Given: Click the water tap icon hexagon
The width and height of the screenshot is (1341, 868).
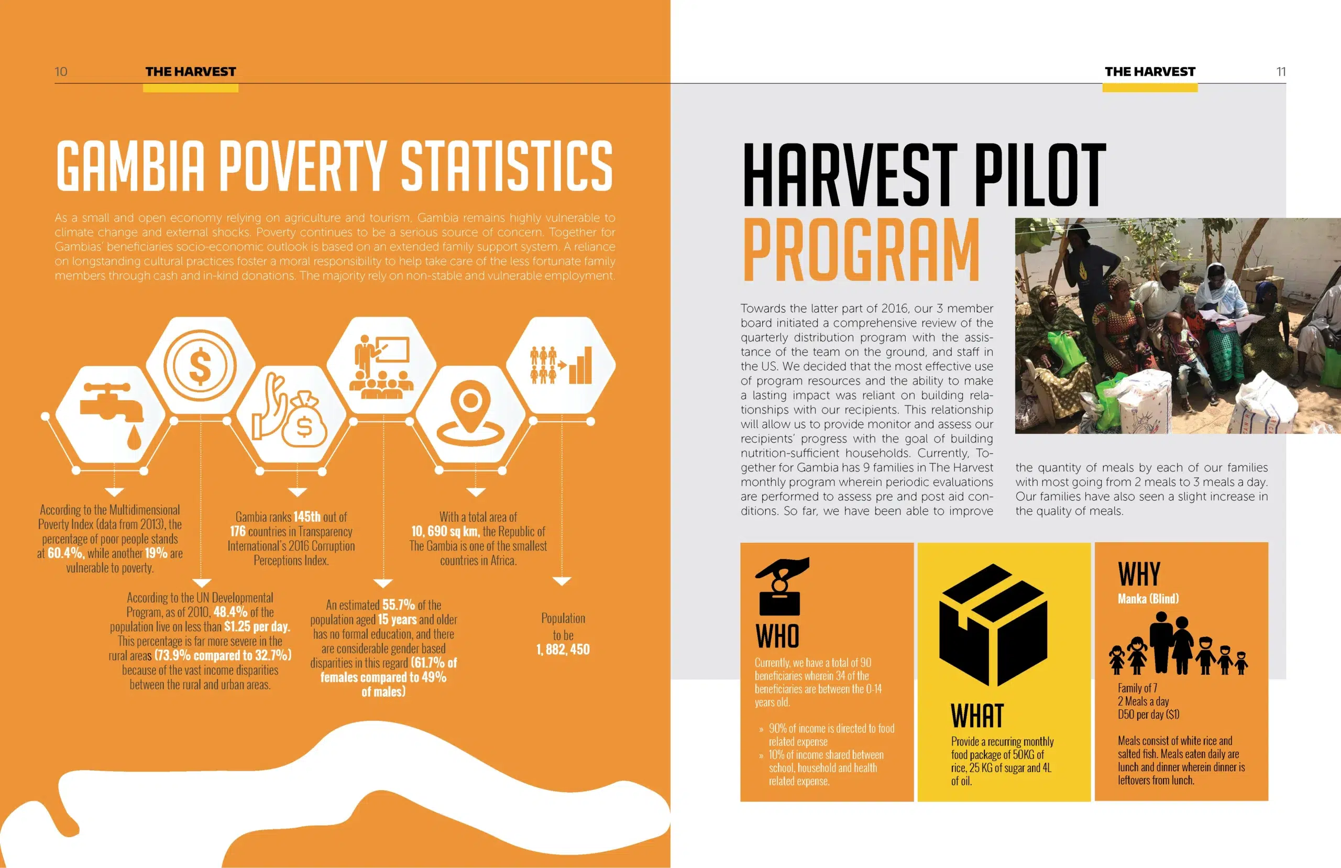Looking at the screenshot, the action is [112, 414].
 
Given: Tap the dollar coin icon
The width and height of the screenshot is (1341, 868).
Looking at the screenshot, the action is [200, 366].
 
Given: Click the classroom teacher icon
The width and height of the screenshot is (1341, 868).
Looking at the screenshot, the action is [381, 366].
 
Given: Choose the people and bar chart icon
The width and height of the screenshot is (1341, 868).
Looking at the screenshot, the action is [560, 365].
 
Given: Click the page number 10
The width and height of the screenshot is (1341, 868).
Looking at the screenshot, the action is [61, 72].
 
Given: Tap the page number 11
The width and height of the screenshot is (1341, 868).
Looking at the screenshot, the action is [1281, 72].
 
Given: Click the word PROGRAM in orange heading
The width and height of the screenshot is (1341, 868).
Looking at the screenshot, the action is [862, 250].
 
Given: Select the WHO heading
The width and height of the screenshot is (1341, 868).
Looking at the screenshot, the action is [777, 636].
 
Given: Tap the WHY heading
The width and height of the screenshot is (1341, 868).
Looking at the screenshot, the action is [1139, 574].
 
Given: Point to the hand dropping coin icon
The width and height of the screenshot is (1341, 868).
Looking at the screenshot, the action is [782, 586].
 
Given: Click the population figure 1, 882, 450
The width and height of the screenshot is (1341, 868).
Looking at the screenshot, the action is [563, 650].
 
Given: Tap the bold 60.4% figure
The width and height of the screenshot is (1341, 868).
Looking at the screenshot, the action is [65, 553].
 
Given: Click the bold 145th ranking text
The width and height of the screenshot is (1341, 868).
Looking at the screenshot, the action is [306, 517].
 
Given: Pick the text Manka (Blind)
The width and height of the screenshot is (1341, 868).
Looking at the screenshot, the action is [1148, 599].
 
